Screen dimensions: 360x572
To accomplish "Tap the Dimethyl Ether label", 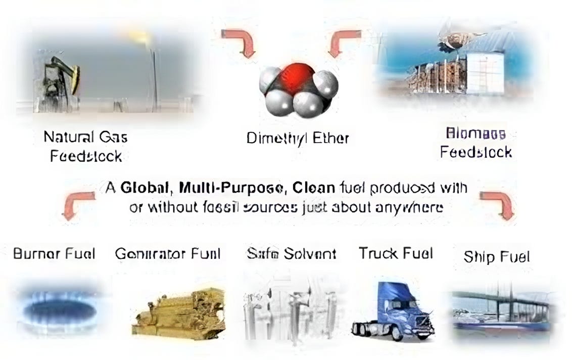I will [x=298, y=138].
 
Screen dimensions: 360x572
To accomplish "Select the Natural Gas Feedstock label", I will [x=85, y=146].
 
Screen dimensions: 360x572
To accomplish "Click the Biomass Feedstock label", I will [x=475, y=143].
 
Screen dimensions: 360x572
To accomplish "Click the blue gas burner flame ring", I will [x=59, y=308].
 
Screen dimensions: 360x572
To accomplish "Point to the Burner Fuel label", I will [x=54, y=253].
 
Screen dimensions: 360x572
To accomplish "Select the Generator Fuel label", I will [x=168, y=253].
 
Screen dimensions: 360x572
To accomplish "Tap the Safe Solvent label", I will [x=291, y=253].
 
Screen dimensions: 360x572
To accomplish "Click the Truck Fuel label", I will [x=396, y=253].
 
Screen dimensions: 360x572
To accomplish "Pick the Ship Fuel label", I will [x=497, y=257].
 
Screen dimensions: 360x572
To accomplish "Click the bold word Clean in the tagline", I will [x=313, y=188].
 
